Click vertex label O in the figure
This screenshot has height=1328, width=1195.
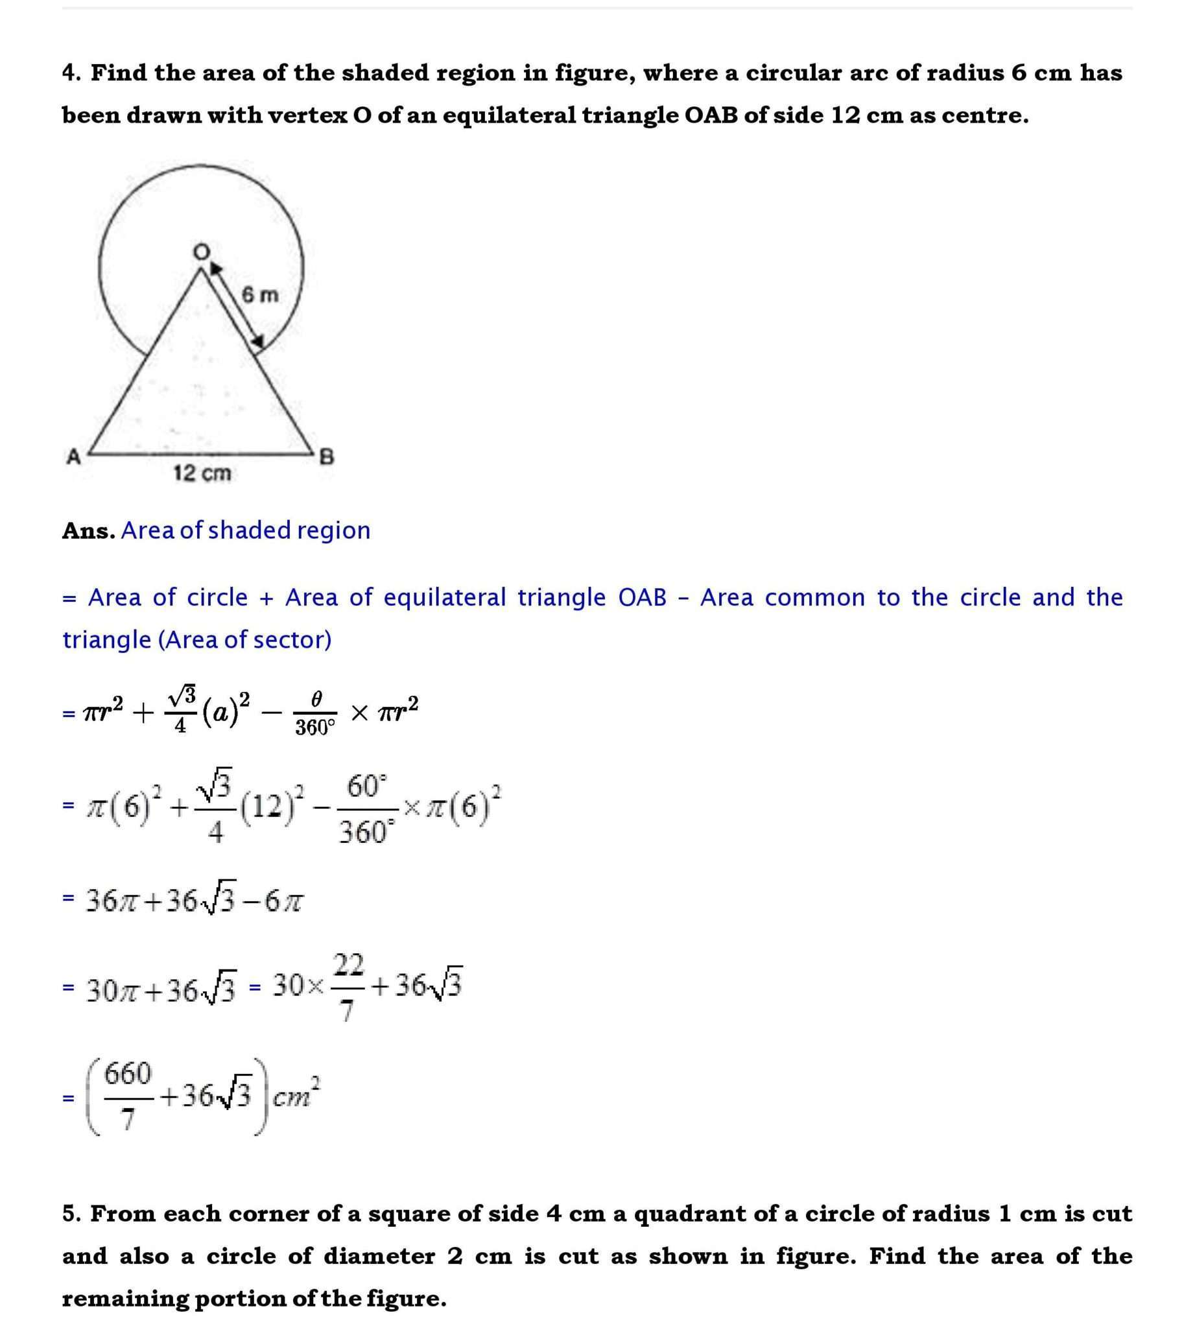click(202, 251)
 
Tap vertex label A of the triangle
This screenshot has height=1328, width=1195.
click(73, 455)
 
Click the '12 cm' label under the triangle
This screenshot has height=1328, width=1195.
click(202, 473)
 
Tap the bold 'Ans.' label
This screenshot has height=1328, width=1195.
click(89, 530)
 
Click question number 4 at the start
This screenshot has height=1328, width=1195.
click(71, 73)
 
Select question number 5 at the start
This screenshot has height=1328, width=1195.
click(71, 1214)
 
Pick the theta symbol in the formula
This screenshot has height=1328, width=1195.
click(315, 699)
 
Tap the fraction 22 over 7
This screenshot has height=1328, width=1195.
click(348, 986)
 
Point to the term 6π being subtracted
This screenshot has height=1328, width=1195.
click(283, 902)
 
